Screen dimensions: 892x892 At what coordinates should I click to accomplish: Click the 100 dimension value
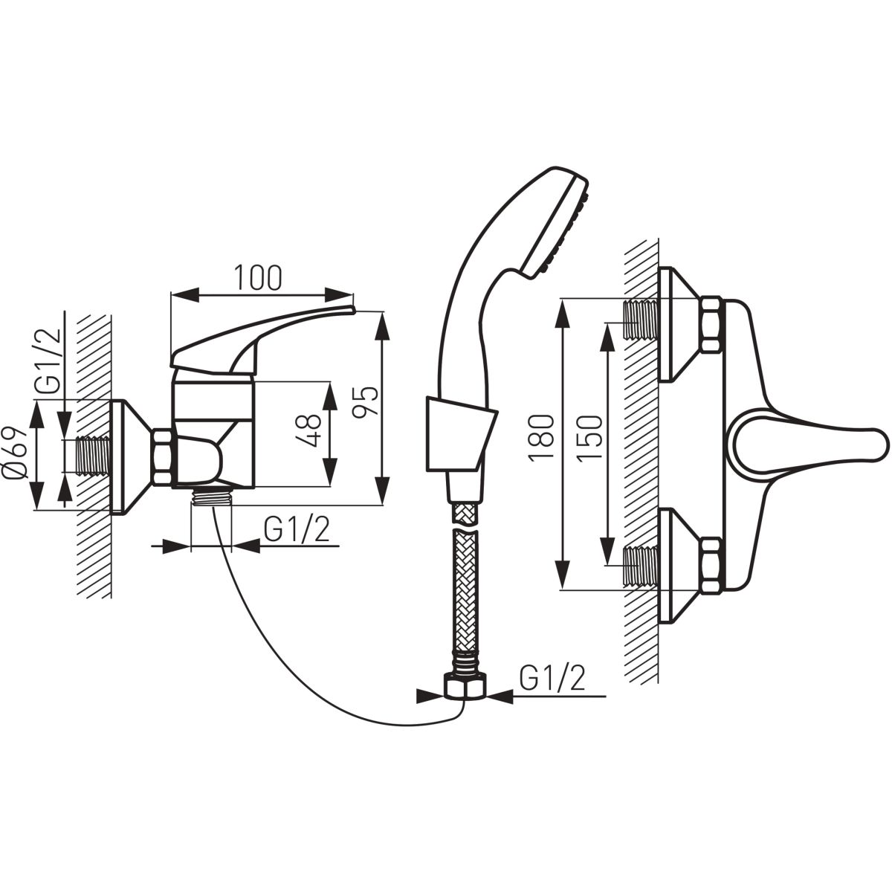pyautogui.click(x=257, y=278)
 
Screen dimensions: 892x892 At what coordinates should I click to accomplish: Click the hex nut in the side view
pyautogui.click(x=163, y=457)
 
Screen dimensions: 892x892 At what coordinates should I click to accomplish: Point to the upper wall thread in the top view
pyautogui.click(x=641, y=321)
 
